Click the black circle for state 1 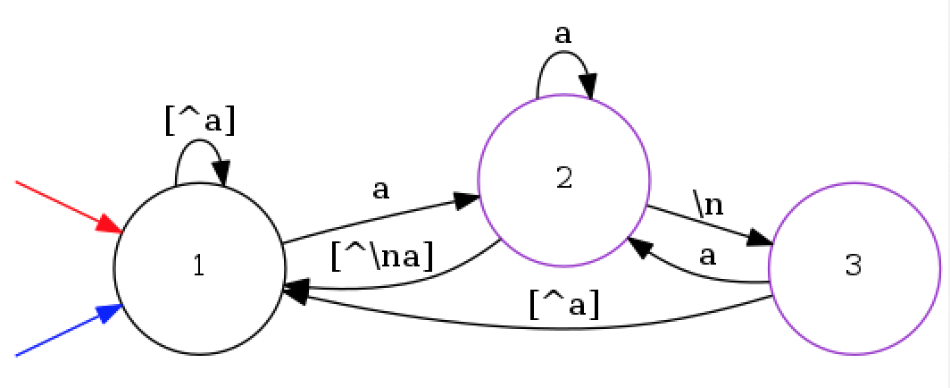(x=199, y=268)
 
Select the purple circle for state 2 (x=563, y=179)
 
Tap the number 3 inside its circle (x=853, y=266)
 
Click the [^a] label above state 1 (x=200, y=121)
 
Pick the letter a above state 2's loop (x=562, y=35)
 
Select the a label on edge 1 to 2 (x=380, y=190)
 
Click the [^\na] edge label (x=381, y=257)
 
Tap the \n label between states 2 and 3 (x=709, y=204)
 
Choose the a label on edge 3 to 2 (x=707, y=257)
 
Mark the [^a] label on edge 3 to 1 (x=563, y=305)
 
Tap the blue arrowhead (x=110, y=313)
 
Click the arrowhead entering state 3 (x=760, y=240)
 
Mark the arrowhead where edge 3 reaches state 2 (x=639, y=245)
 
